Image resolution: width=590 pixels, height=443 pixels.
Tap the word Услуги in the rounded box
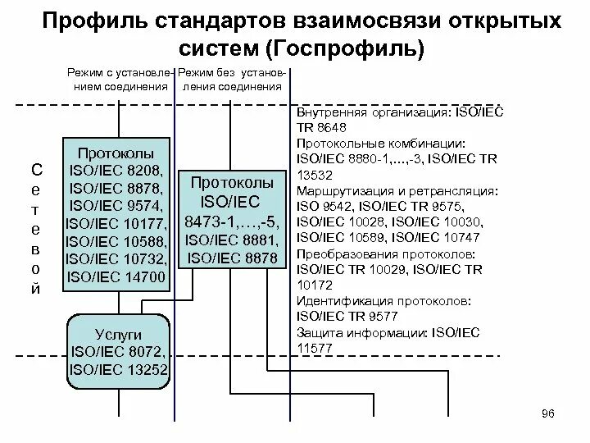[119, 335]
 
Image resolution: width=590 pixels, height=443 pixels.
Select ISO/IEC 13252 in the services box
[120, 369]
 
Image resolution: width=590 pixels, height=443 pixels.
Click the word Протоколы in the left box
[116, 153]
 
